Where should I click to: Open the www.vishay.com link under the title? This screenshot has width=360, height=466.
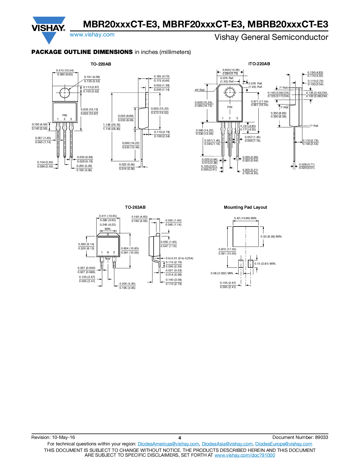[92, 35]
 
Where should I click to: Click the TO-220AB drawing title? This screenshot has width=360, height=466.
[101, 64]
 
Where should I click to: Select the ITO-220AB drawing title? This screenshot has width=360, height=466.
[259, 64]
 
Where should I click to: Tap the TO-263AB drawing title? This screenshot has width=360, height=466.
[135, 207]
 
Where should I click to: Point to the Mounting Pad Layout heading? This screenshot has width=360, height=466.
[245, 207]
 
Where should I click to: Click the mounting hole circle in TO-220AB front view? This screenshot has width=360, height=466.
[65, 93]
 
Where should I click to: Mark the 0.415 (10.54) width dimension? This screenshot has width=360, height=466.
[65, 71]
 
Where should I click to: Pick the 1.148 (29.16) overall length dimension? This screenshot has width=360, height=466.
[112, 125]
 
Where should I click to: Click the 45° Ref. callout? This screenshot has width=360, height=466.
[200, 90]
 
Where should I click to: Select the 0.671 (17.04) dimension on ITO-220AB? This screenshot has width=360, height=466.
[259, 102]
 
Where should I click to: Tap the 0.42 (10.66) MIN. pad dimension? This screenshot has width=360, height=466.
[245, 218]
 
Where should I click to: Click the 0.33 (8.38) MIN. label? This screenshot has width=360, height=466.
[271, 237]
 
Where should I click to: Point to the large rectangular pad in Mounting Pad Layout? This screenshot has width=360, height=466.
[245, 237]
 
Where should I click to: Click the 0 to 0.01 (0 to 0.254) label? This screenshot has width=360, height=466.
[179, 258]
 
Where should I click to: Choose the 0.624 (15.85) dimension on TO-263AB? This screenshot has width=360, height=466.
[130, 249]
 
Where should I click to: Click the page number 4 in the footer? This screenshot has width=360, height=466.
[180, 438]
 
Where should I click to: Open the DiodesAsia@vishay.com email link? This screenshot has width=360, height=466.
[227, 444]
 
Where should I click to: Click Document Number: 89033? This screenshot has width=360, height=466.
[300, 437]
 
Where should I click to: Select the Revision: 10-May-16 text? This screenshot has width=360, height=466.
[53, 437]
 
